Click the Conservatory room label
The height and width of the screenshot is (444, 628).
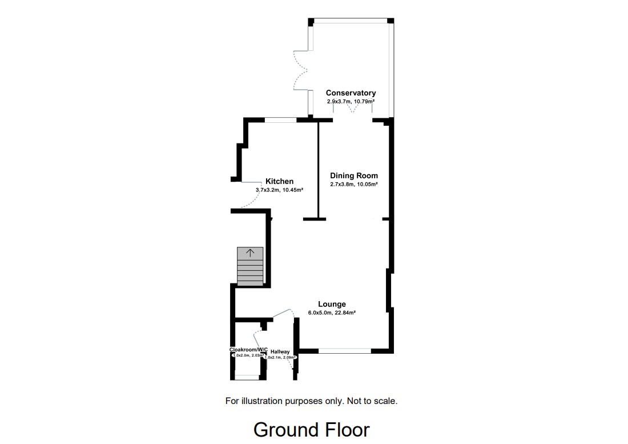pyautogui.click(x=351, y=93)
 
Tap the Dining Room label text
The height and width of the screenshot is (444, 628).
pyautogui.click(x=354, y=175)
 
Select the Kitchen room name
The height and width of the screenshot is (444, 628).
pyautogui.click(x=279, y=181)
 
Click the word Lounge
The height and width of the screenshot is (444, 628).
pyautogui.click(x=332, y=304)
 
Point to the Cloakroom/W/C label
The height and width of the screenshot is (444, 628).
pyautogui.click(x=248, y=349)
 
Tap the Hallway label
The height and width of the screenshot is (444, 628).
pyautogui.click(x=280, y=352)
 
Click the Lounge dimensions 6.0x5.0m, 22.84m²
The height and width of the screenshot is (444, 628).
pyautogui.click(x=332, y=313)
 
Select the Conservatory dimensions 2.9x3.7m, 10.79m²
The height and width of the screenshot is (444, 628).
pyautogui.click(x=351, y=101)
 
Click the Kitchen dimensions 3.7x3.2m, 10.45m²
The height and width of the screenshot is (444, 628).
pyautogui.click(x=279, y=190)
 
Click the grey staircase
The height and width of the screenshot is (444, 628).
pyautogui.click(x=250, y=267)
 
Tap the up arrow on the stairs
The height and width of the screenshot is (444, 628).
pyautogui.click(x=250, y=253)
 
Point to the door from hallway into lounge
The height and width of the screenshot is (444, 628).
pyautogui.click(x=284, y=313)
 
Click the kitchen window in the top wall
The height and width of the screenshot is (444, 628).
pyautogui.click(x=280, y=119)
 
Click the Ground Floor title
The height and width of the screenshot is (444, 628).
pyautogui.click(x=311, y=429)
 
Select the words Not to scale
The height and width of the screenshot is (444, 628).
pyautogui.click(x=372, y=401)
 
